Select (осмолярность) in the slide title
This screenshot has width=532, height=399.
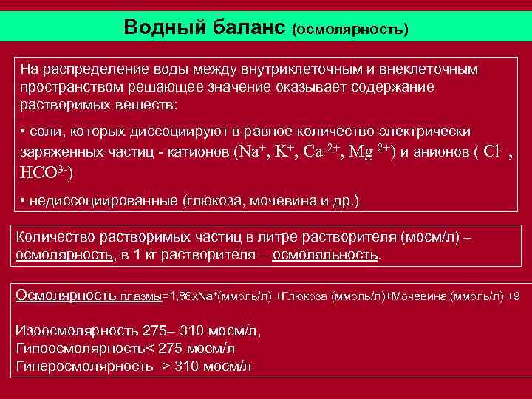tap(349, 30)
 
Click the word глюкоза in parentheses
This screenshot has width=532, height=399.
tap(220, 200)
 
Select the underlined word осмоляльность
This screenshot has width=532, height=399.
tap(325, 256)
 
